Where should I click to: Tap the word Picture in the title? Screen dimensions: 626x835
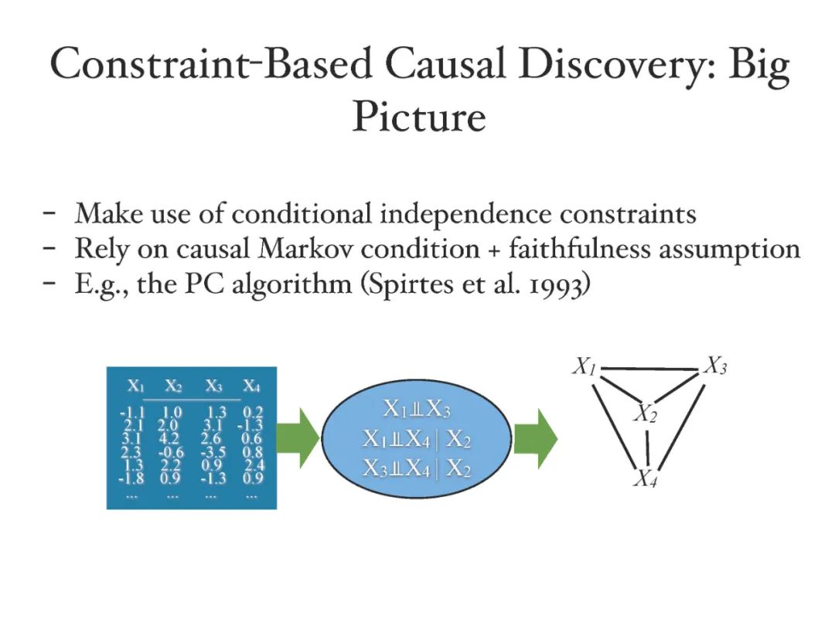coord(419,117)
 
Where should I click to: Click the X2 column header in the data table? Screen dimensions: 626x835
coord(172,386)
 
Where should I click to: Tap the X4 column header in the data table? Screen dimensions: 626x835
coord(251,386)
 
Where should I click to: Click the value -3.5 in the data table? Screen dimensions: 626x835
coord(212,451)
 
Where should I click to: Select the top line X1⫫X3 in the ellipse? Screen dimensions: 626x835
coord(416,410)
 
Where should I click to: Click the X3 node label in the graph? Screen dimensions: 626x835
coord(715,367)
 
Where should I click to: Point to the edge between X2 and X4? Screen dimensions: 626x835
coord(646,448)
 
